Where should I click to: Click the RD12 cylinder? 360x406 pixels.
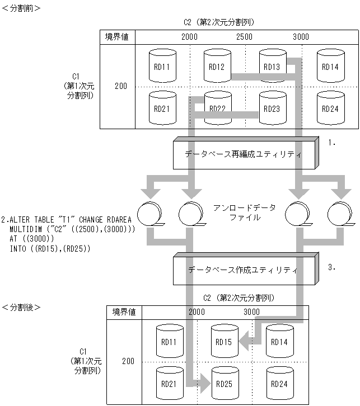point(217,67)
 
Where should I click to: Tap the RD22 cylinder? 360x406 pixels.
point(217,107)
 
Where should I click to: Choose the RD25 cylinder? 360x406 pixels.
point(224,384)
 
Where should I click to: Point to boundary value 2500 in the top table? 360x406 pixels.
point(244,36)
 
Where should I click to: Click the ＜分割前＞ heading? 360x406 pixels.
point(21,8)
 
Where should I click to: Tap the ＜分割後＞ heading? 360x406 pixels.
point(21,307)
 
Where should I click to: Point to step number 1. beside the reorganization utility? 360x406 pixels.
point(331,143)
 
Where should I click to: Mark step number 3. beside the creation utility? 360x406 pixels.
point(331,267)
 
